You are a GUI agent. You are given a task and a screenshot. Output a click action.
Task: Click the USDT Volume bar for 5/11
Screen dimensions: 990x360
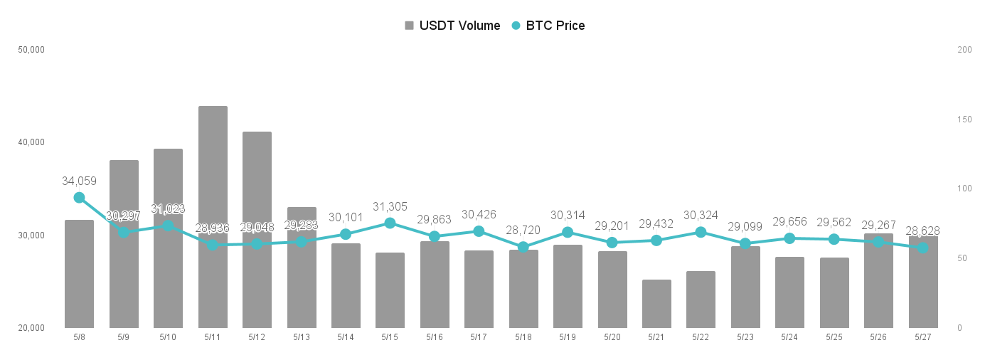point(213,217)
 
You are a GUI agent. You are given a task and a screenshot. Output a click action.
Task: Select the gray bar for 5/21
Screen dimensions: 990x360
point(656,304)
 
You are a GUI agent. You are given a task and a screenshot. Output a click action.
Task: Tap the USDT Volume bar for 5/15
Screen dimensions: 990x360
point(390,290)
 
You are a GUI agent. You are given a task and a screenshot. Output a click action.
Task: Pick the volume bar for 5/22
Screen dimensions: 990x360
point(701,300)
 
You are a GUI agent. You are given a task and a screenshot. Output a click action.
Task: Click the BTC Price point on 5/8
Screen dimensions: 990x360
point(79,197)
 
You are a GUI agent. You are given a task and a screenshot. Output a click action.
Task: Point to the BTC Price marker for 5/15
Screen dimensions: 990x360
point(390,223)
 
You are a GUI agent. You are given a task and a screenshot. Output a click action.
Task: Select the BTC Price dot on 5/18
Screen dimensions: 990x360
point(523,247)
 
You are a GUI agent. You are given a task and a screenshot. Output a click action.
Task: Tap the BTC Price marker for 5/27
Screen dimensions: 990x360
point(923,248)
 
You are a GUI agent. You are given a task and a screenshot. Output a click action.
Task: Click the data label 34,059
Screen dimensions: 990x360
point(79,181)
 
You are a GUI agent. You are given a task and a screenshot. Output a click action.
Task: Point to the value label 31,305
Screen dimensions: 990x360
point(390,206)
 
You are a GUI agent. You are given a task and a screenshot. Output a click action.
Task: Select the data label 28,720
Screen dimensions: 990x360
point(523,230)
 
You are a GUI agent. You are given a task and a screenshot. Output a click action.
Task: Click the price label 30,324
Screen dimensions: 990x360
point(701,215)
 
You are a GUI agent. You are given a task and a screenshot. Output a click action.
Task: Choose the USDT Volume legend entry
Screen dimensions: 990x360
point(452,26)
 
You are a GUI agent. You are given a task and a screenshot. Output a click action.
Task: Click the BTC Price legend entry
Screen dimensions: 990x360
point(548,26)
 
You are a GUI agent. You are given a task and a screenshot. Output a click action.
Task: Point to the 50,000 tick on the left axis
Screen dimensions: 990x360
point(31,50)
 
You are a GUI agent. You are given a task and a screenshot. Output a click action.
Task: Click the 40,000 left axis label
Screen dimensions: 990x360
point(31,142)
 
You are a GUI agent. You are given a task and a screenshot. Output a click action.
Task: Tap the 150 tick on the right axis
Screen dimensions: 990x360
point(965,120)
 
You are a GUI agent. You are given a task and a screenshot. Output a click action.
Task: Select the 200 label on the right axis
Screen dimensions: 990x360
point(965,50)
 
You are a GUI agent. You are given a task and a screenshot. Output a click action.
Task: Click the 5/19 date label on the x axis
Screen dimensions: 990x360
point(568,337)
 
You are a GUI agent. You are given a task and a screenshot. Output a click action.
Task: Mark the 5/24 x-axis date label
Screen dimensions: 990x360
point(789,337)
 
